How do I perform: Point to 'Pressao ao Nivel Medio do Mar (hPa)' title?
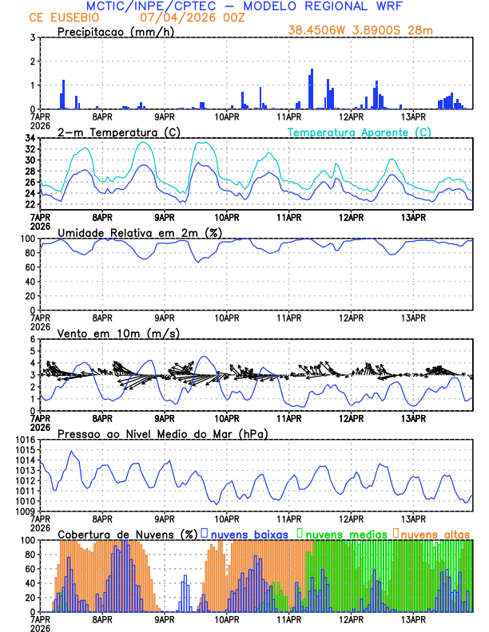162,433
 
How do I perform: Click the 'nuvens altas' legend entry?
435,533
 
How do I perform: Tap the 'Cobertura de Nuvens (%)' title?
128,533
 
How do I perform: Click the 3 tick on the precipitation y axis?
33,38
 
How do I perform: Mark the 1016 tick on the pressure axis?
25,440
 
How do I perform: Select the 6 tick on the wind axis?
33,339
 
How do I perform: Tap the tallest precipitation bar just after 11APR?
312,89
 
